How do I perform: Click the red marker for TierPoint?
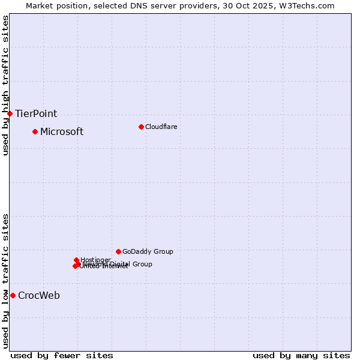[10, 113]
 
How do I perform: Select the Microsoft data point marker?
[35, 131]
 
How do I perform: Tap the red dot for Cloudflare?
[141, 127]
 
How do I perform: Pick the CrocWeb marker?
[13, 295]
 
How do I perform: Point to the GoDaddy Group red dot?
[118, 251]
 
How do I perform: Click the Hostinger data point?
[76, 260]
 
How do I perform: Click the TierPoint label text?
[36, 113]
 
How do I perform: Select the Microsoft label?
[62, 131]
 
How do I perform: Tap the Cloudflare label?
[161, 127]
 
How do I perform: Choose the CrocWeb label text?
[39, 295]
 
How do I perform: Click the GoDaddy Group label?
[148, 251]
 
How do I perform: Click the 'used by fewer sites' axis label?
[62, 355]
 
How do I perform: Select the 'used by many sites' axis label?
[301, 355]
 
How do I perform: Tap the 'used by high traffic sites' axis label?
[5, 85]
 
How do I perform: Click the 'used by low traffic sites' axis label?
[5, 280]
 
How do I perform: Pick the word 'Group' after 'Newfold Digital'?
[142, 264]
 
